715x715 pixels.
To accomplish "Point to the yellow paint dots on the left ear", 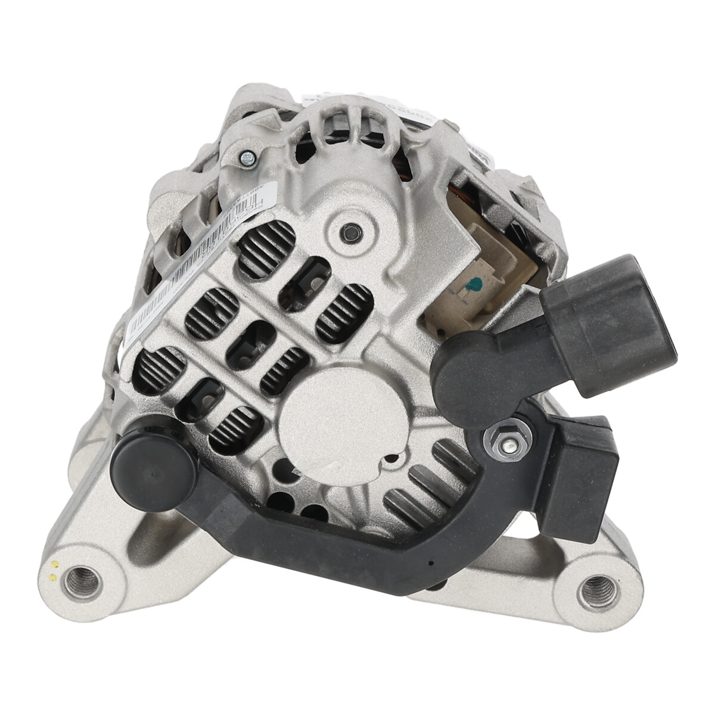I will [54, 571].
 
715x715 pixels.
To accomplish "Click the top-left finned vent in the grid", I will [266, 246].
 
